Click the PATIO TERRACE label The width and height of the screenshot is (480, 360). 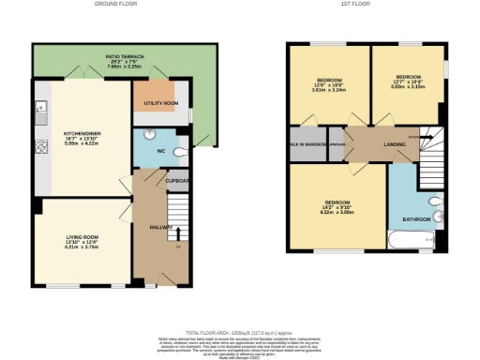[117, 56]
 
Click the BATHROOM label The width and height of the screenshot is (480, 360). [416, 219]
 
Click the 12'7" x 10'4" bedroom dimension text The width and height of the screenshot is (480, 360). [408, 82]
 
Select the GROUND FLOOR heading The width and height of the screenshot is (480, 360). [117, 5]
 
